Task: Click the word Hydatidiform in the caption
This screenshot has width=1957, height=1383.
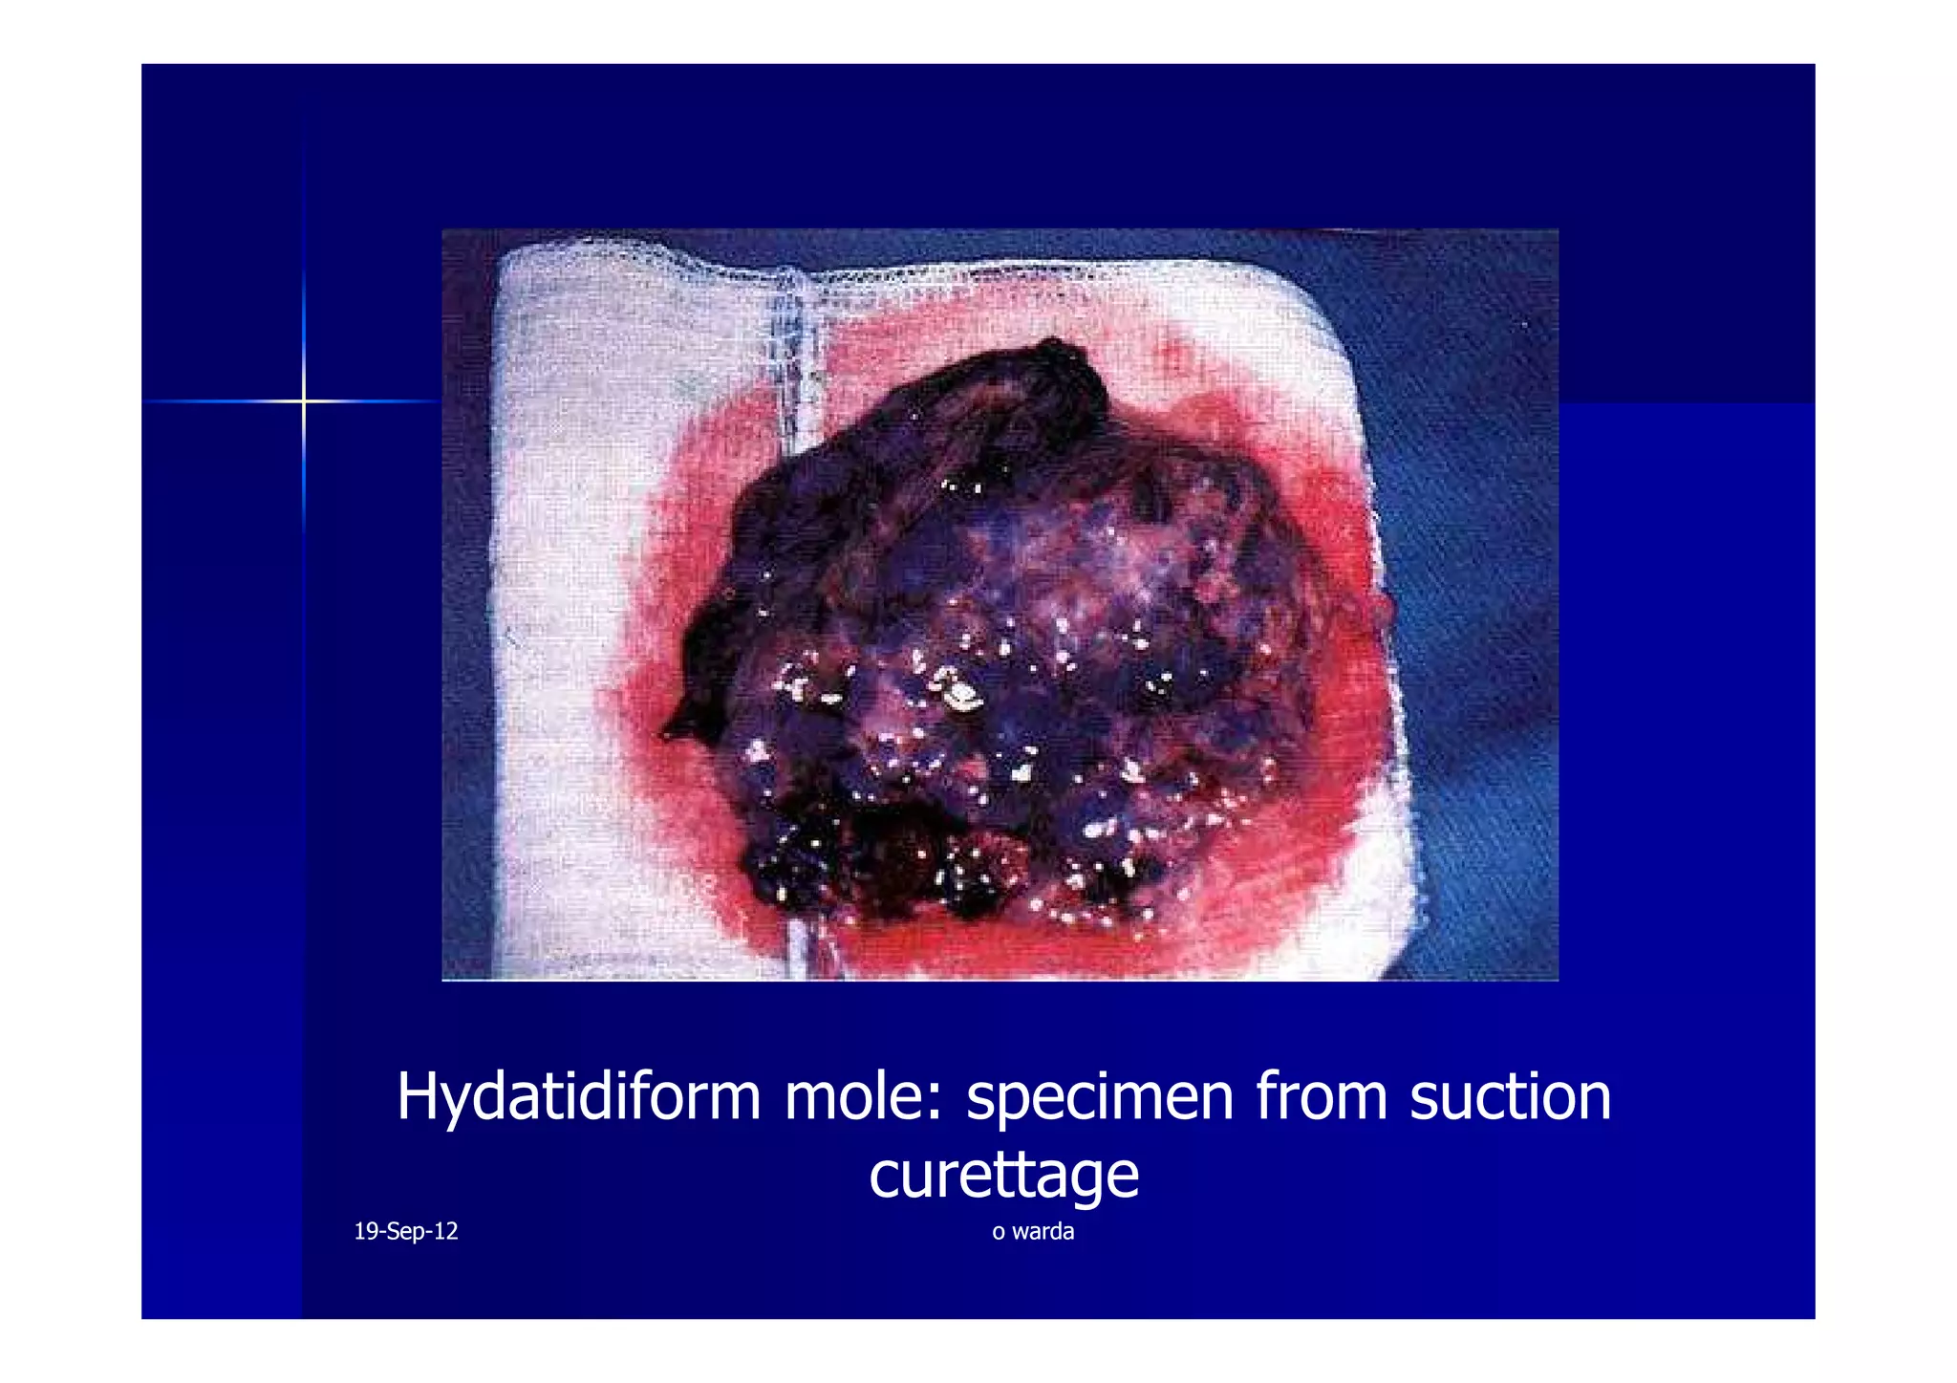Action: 578,1097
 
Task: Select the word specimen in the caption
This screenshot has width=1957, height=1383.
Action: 1099,1099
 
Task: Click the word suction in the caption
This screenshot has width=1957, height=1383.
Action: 1510,1097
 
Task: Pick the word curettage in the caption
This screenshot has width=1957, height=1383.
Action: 1003,1176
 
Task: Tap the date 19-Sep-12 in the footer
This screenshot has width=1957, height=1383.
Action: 405,1231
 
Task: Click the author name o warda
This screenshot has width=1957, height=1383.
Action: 1032,1231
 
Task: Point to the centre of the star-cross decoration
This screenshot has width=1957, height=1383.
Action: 304,401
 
